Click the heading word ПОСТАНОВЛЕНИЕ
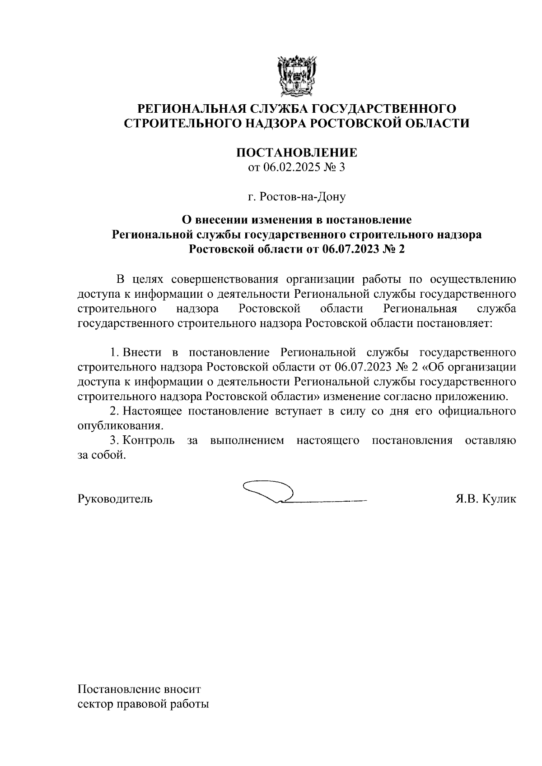pyautogui.click(x=297, y=153)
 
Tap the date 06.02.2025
pyautogui.click(x=286, y=168)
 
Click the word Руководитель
pyautogui.click(x=115, y=499)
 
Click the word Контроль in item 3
pyautogui.click(x=149, y=440)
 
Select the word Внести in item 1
pyautogui.click(x=141, y=352)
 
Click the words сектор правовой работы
pyautogui.click(x=143, y=705)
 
